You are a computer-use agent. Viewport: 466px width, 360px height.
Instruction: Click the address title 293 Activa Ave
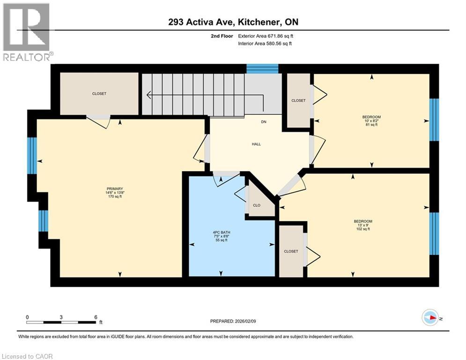click(x=233, y=22)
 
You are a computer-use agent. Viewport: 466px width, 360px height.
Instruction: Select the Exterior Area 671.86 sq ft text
click(x=266, y=36)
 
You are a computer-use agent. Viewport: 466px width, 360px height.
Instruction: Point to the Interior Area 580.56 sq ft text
click(x=265, y=44)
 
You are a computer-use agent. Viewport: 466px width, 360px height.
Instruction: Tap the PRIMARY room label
click(x=114, y=188)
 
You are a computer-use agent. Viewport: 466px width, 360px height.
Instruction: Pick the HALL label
click(x=256, y=144)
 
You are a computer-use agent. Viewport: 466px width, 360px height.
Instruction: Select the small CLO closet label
click(x=256, y=205)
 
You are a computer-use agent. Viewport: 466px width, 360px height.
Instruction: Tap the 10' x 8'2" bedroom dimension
click(x=371, y=120)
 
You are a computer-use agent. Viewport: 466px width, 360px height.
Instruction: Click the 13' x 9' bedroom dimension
click(x=362, y=225)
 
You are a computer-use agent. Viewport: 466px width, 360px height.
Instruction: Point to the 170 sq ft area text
click(x=114, y=197)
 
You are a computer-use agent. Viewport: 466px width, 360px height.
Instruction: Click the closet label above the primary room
click(x=99, y=94)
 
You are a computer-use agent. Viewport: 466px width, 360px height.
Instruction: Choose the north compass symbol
click(x=430, y=318)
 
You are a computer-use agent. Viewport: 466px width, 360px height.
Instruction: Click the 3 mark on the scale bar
click(x=61, y=317)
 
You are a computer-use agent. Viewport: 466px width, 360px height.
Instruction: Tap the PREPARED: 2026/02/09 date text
click(x=233, y=321)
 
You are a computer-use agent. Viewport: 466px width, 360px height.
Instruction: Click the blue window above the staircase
click(x=262, y=69)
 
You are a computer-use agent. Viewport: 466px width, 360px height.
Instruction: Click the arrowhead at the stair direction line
click(x=149, y=96)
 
